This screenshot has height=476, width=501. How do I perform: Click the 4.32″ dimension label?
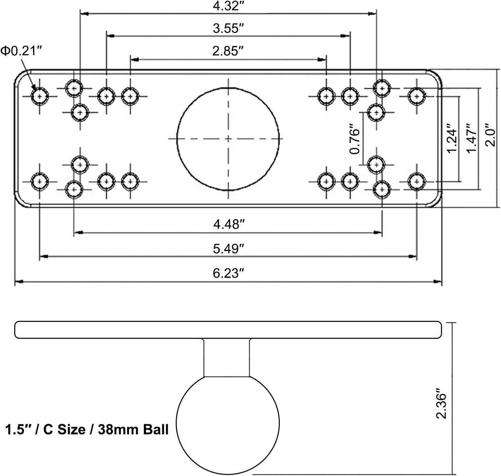[x=228, y=6]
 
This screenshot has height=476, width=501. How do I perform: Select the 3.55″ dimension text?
[x=228, y=28]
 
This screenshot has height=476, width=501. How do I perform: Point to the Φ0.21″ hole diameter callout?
[x=21, y=51]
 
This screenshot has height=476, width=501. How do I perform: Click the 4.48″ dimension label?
[x=229, y=224]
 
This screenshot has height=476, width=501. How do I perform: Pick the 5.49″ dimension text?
[x=228, y=249]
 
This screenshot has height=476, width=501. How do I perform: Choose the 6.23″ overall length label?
[x=228, y=273]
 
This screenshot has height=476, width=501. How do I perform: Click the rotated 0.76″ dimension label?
[x=354, y=139]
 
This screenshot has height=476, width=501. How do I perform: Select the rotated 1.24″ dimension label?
[x=452, y=138]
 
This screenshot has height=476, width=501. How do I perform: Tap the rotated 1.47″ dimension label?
[x=471, y=138]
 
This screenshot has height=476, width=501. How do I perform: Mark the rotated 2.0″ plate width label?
[x=490, y=135]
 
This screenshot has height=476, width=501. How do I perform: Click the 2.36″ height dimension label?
[x=441, y=403]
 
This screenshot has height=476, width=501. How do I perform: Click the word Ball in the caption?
[x=156, y=430]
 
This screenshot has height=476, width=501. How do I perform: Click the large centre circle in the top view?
[x=228, y=88]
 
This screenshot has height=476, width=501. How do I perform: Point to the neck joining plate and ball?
[x=226, y=357]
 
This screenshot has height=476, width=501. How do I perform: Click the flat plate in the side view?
[x=228, y=330]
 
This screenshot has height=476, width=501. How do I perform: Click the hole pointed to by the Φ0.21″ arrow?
[x=40, y=96]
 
